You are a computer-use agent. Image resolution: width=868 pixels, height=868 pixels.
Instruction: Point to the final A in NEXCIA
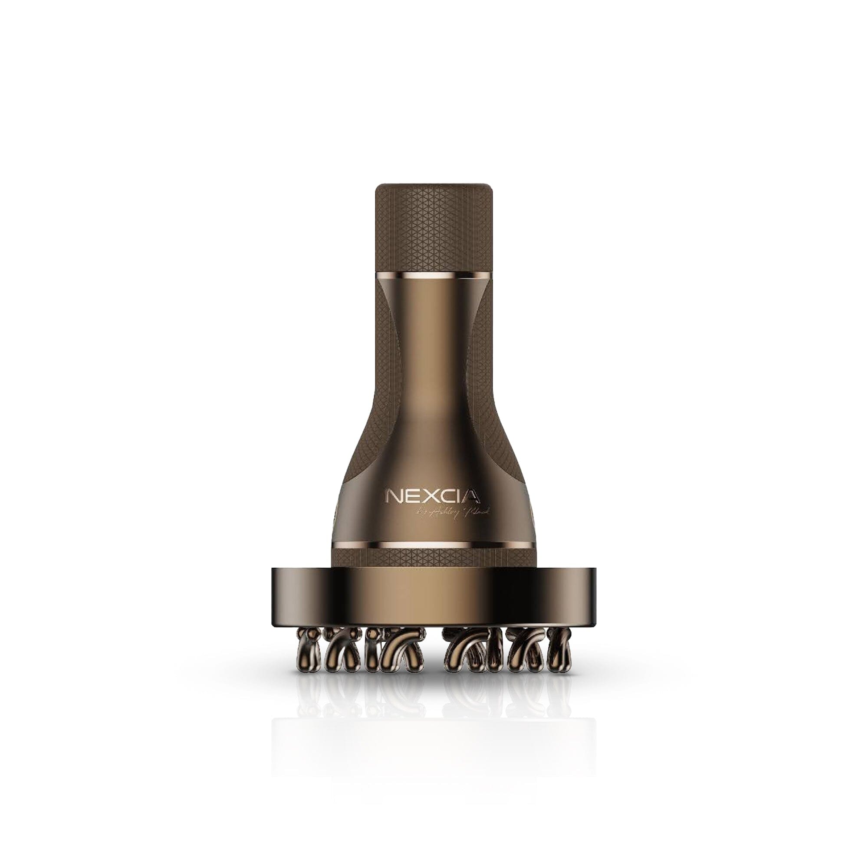pyautogui.click(x=471, y=496)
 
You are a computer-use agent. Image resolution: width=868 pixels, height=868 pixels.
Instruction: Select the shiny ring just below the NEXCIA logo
pyautogui.click(x=434, y=546)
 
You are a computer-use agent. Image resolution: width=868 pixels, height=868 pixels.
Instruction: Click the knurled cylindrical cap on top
pyautogui.click(x=434, y=225)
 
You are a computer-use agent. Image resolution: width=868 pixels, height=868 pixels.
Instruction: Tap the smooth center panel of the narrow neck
pyautogui.click(x=434, y=359)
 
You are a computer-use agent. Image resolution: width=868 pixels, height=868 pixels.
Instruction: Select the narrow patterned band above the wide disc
pyautogui.click(x=434, y=559)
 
